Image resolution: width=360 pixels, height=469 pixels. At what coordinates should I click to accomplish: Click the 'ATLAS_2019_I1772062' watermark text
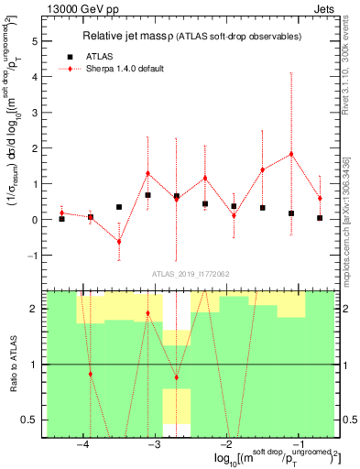tap(190, 273)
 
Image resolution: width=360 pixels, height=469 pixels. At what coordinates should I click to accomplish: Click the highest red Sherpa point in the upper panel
tap(291, 154)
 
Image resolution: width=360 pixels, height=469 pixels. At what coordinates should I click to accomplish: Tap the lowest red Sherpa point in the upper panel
tap(119, 242)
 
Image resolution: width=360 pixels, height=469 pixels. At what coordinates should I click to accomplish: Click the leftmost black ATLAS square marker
tap(61, 219)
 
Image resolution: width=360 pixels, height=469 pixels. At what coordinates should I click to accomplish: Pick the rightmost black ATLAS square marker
tap(320, 218)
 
